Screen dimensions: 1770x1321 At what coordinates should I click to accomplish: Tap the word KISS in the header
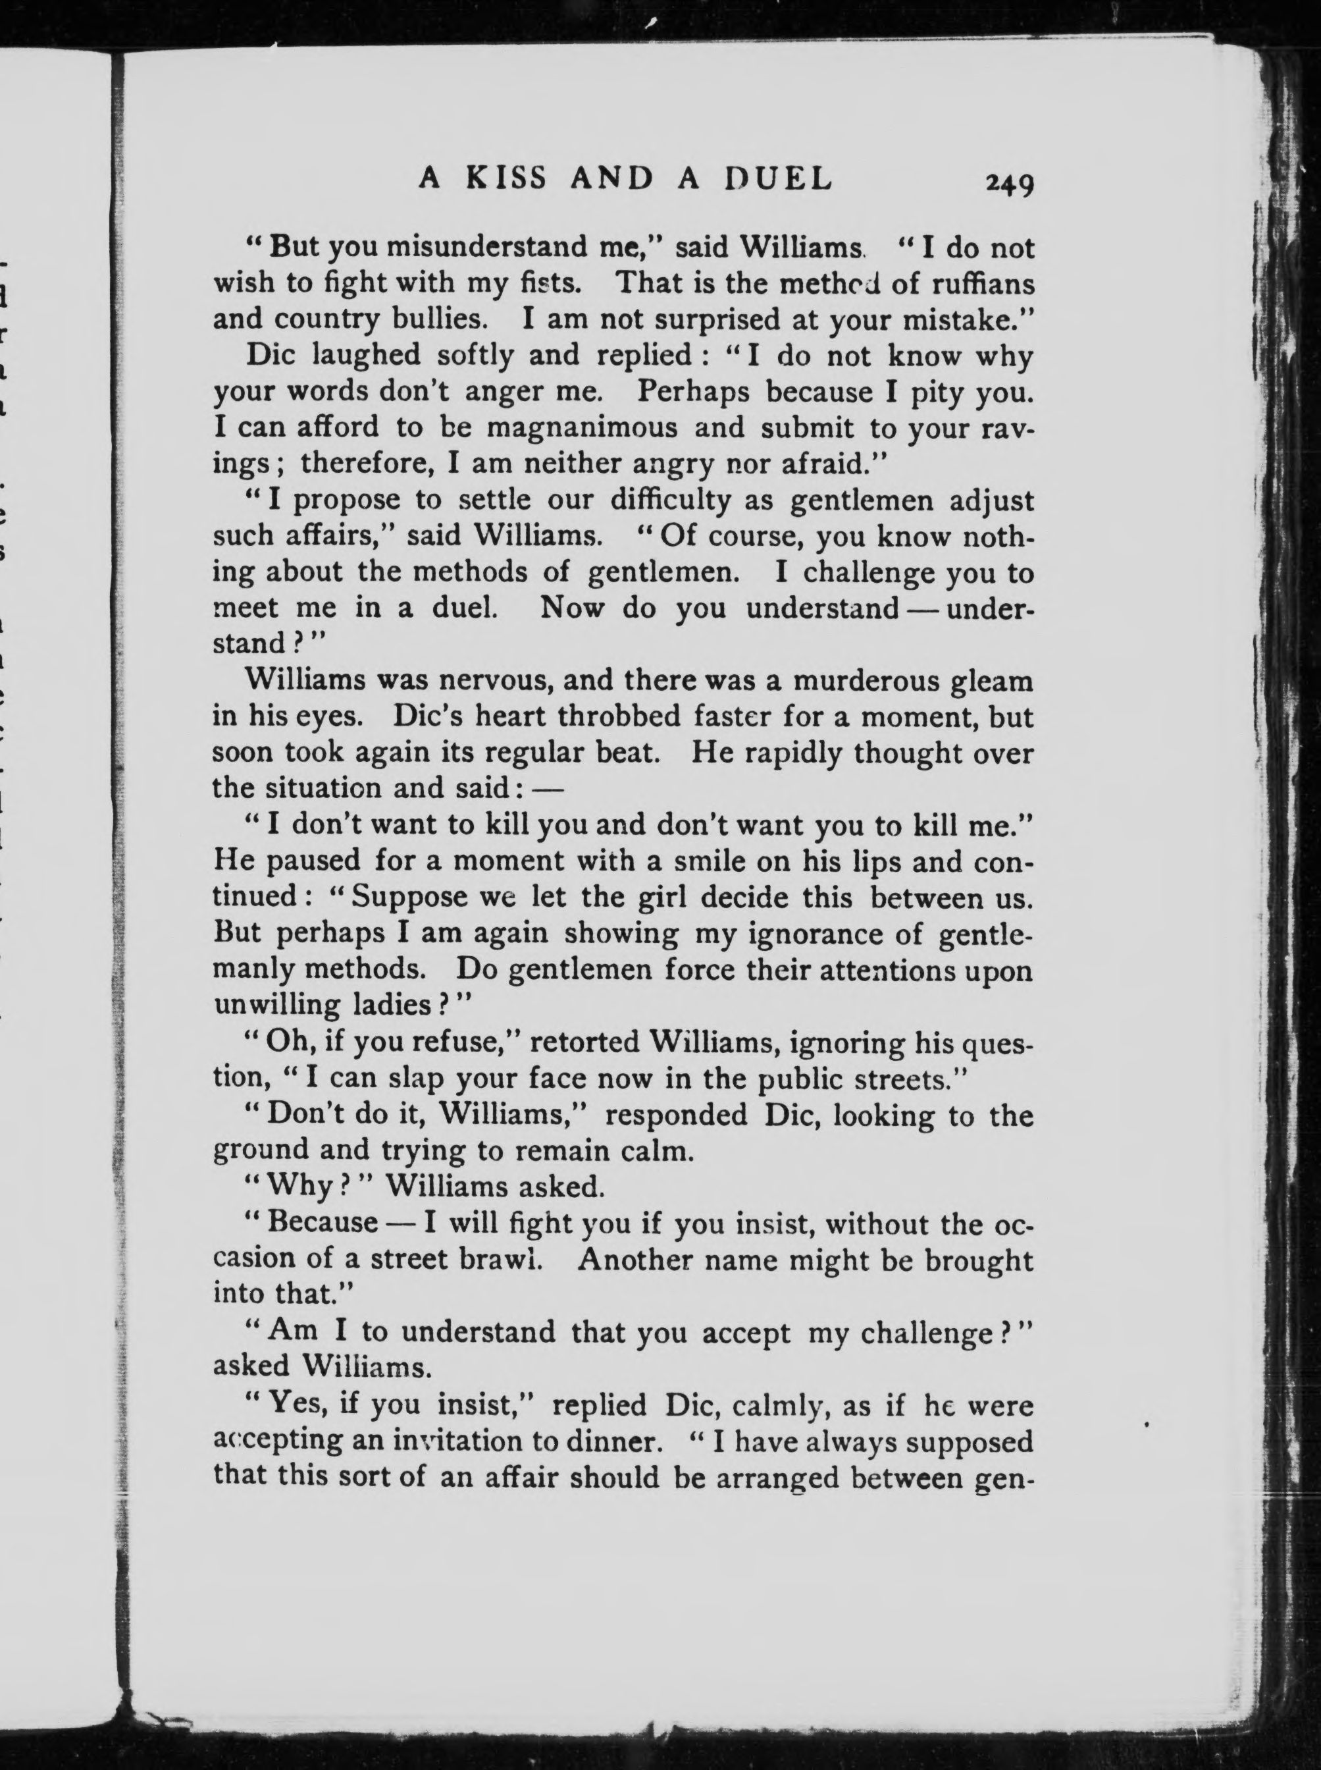(x=507, y=178)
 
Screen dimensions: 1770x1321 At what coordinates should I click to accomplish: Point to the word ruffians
(x=983, y=284)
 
